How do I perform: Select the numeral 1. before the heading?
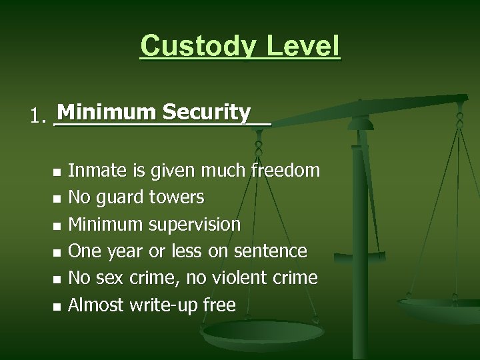(39, 117)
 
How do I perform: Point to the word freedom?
(285, 171)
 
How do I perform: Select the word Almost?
(96, 305)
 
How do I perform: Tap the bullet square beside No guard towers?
(57, 199)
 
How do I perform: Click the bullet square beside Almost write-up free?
(57, 306)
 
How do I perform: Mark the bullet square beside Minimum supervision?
(57, 225)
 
